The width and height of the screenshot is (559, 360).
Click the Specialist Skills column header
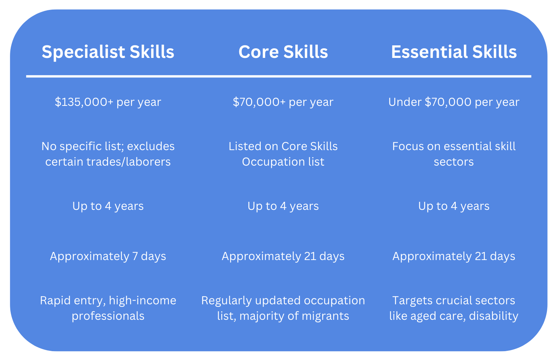click(108, 52)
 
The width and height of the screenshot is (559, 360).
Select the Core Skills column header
click(283, 52)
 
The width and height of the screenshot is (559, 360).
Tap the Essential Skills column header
click(454, 52)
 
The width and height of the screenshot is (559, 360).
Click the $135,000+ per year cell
click(108, 102)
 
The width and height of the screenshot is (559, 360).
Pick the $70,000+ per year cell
click(283, 102)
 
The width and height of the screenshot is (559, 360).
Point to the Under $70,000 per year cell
click(454, 102)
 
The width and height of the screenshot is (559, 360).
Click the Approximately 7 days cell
click(108, 256)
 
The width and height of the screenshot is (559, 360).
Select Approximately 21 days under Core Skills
click(283, 256)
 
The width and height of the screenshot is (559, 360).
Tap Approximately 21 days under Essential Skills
click(454, 256)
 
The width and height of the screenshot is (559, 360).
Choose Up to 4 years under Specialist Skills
click(108, 206)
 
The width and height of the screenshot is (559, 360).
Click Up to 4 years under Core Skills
click(283, 206)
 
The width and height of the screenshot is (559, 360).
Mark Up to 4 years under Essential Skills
click(454, 206)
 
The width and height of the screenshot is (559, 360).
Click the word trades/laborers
click(129, 162)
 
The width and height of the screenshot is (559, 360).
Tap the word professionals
click(108, 316)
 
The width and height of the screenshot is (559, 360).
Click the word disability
click(493, 316)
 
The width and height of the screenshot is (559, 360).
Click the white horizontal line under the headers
click(279, 76)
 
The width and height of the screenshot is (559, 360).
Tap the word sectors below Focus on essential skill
click(454, 162)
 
